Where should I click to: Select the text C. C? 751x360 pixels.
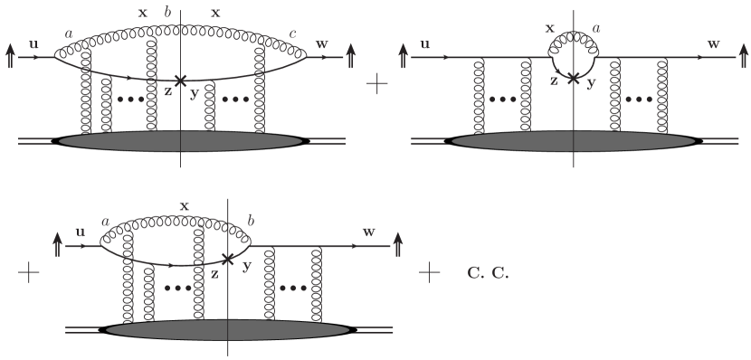pyautogui.click(x=488, y=272)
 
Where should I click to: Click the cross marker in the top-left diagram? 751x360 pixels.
pyautogui.click(x=181, y=81)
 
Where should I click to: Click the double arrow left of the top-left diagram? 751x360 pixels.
pyautogui.click(x=12, y=55)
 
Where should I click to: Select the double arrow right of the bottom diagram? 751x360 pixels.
pyautogui.click(x=399, y=243)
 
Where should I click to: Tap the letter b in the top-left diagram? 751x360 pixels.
pyautogui.click(x=166, y=11)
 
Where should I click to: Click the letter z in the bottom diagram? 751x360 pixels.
pyautogui.click(x=214, y=273)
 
